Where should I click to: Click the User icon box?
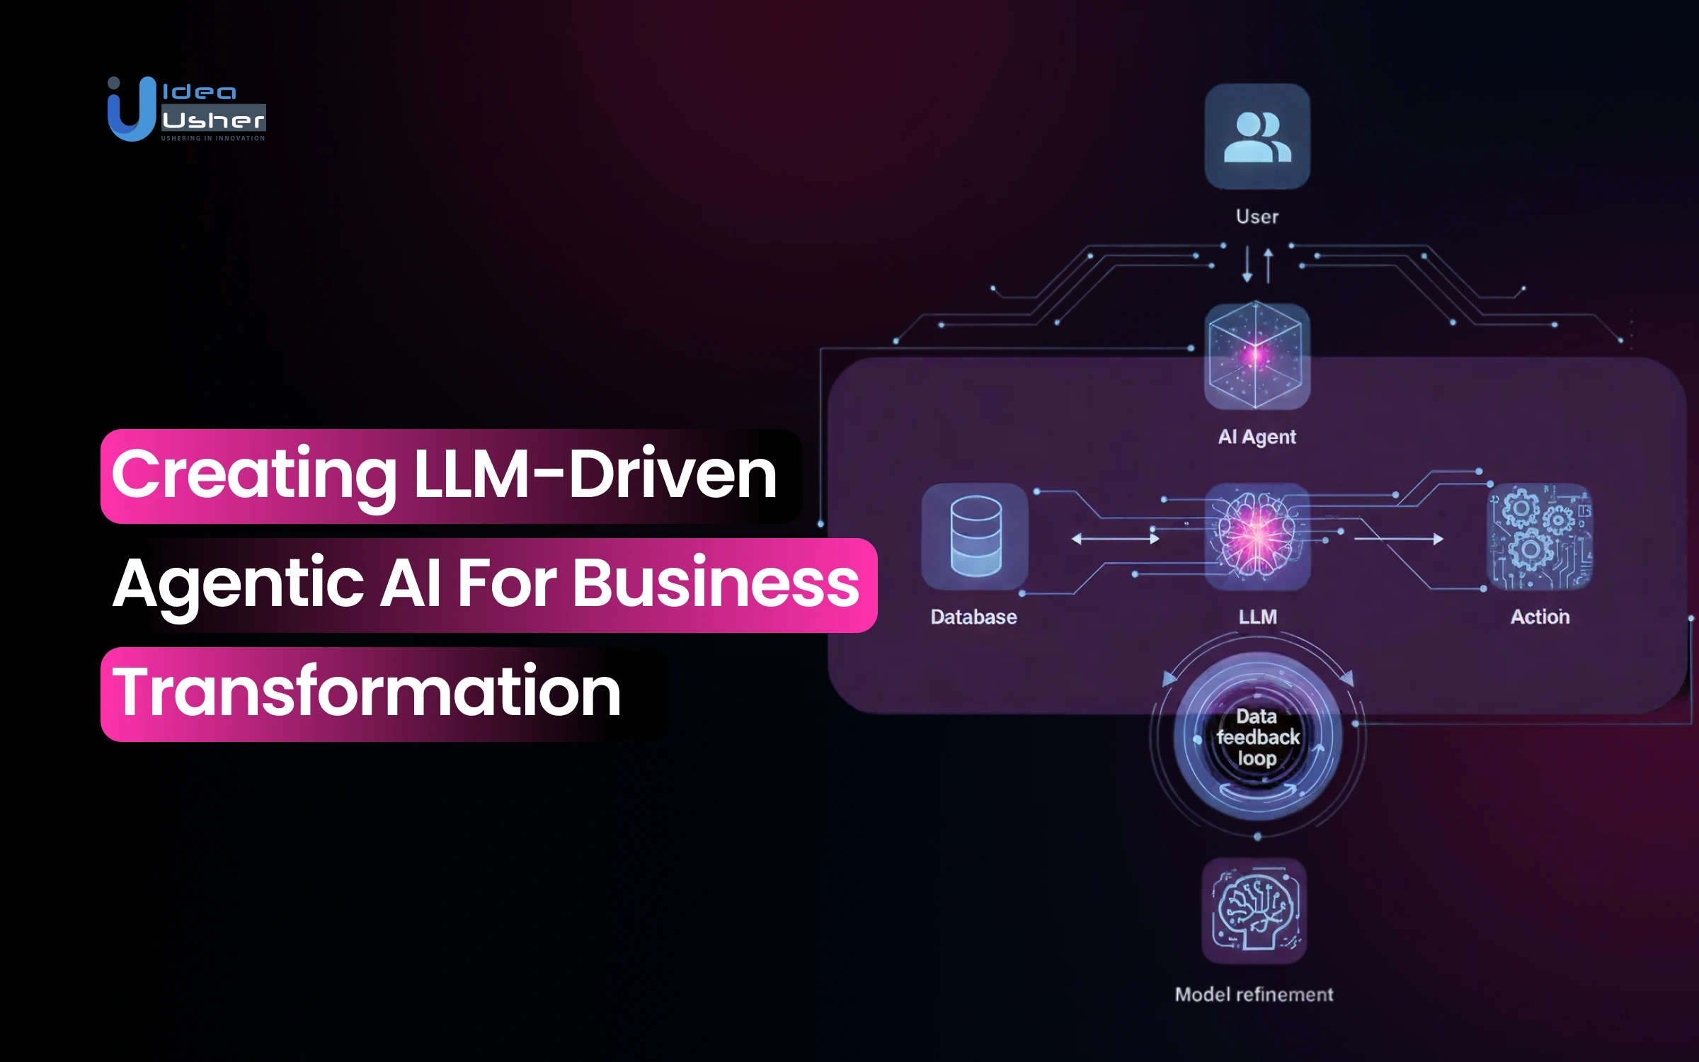(x=1257, y=136)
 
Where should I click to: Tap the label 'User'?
(x=1257, y=217)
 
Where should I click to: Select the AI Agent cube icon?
(x=1257, y=356)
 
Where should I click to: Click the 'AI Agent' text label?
(x=1257, y=437)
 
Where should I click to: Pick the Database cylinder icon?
(x=975, y=536)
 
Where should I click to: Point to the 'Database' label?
(x=973, y=617)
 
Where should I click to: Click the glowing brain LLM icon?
(x=1257, y=536)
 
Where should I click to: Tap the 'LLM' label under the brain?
(x=1257, y=617)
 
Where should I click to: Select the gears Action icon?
(x=1540, y=536)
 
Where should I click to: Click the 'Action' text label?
(x=1540, y=617)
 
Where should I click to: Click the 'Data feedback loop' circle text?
(x=1257, y=738)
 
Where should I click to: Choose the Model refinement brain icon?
(x=1254, y=910)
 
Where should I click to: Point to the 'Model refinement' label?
(x=1254, y=995)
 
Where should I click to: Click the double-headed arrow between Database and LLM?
(x=1115, y=539)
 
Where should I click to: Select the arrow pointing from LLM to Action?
(x=1398, y=539)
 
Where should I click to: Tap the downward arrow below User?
(x=1247, y=265)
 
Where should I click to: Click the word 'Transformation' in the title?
(x=367, y=692)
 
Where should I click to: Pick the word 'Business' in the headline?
(x=715, y=583)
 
